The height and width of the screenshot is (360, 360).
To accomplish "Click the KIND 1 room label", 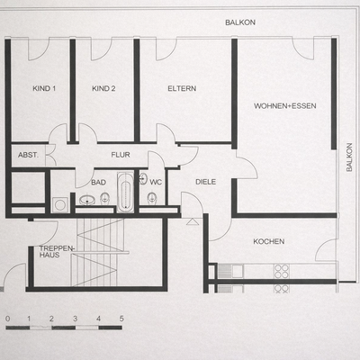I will pos(44,88).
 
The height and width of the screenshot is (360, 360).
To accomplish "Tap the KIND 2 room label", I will pos(104,88).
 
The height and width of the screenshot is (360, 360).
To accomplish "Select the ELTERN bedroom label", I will pos(181,88).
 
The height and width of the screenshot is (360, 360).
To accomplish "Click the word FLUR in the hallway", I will pos(121,155).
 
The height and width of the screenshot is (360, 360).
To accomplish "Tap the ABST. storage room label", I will pos(28,155).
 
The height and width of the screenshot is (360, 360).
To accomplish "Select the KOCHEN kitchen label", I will pos(269,241).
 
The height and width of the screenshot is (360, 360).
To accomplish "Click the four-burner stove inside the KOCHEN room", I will pos(280,269).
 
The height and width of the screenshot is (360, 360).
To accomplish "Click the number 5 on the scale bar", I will pos(121,319).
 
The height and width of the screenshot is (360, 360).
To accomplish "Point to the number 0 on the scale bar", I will pos(7,319).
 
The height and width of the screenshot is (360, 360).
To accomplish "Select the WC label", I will pos(155,181).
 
